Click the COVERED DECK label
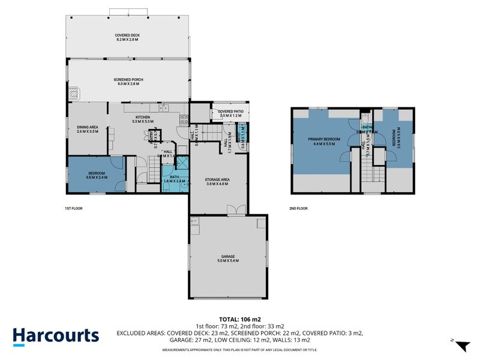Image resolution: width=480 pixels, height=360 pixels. click(x=127, y=38)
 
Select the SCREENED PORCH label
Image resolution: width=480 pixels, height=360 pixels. click(x=128, y=82)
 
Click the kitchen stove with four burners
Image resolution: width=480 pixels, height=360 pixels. click(x=184, y=118)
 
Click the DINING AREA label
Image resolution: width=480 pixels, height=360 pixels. click(x=88, y=129)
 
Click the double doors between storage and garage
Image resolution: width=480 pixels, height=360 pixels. click(x=233, y=210)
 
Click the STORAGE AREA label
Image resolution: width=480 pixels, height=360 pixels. click(x=218, y=181)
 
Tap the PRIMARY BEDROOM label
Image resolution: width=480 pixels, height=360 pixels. click(x=324, y=141)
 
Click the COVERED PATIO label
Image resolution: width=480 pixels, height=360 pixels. click(x=230, y=113)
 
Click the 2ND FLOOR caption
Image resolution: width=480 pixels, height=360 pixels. click(x=298, y=208)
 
